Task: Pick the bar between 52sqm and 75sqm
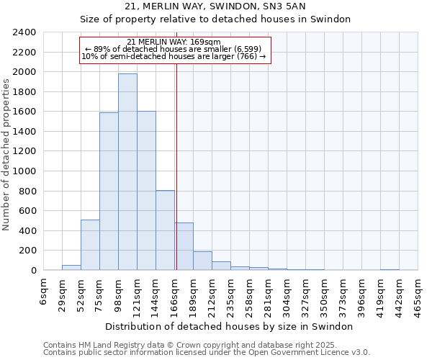[90, 245]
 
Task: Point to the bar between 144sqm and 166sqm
[165, 230]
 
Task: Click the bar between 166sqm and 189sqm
[184, 246]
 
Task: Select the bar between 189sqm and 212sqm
[202, 261]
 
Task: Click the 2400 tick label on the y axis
[24, 33]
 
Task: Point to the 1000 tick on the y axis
[24, 171]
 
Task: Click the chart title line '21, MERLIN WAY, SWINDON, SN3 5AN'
[215, 6]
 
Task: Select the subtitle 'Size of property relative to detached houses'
[215, 19]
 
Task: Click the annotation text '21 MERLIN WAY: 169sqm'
[174, 42]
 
